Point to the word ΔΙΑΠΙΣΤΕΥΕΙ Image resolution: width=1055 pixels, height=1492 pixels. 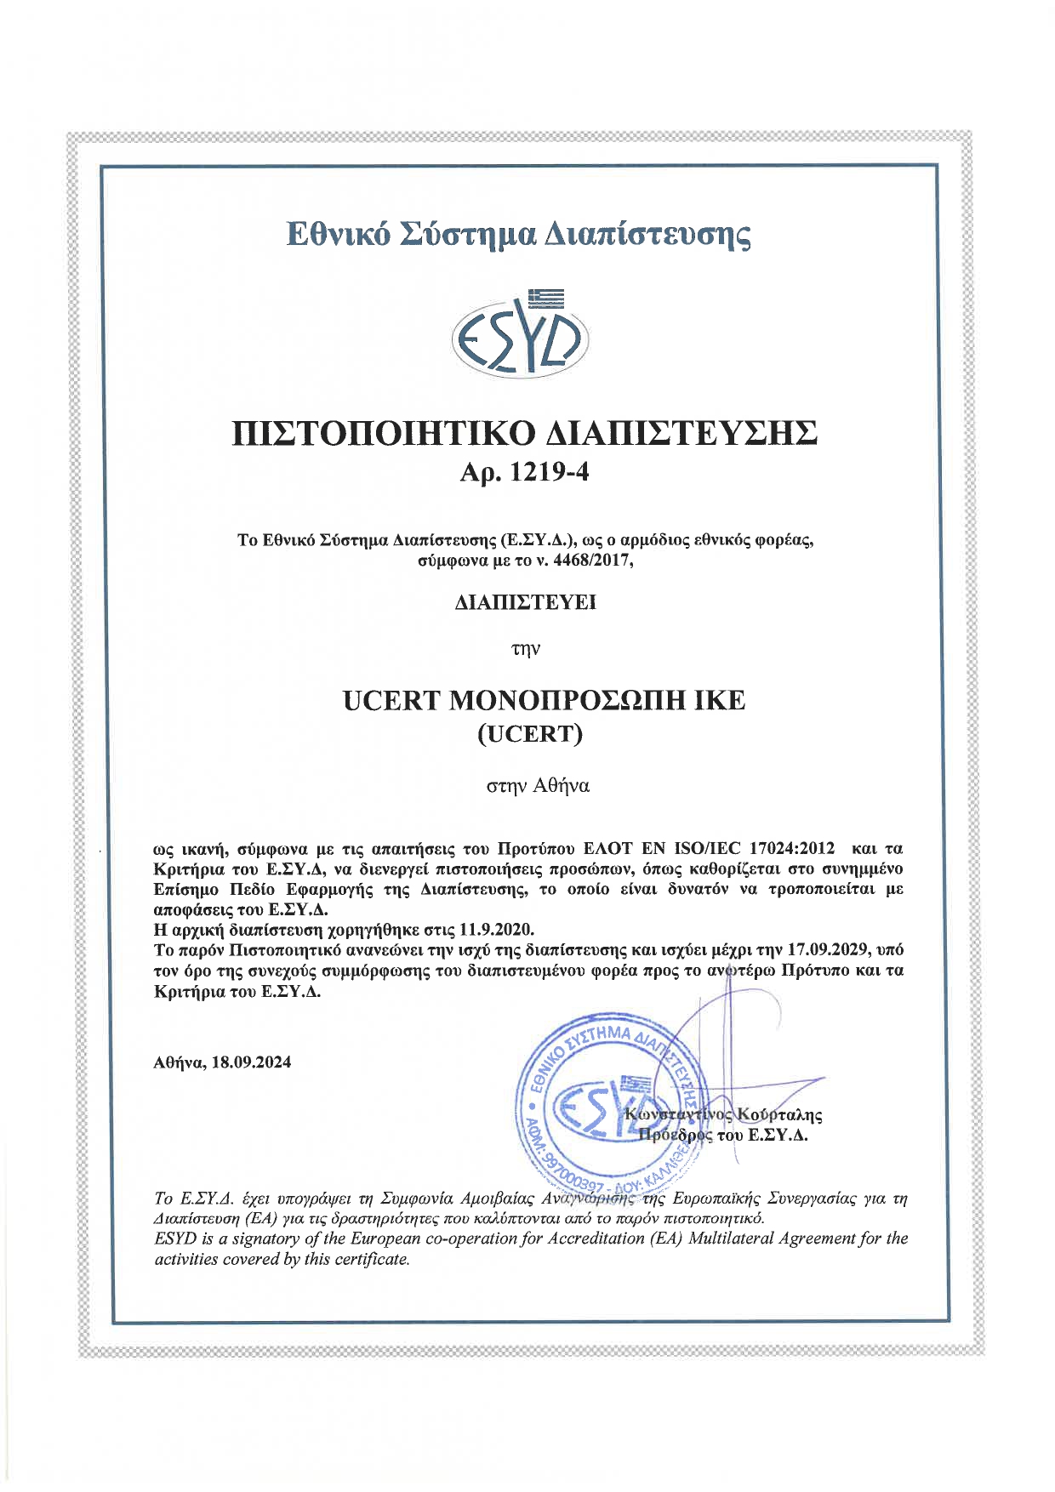pyautogui.click(x=526, y=603)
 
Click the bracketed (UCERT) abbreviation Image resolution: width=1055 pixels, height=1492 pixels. pyautogui.click(x=527, y=733)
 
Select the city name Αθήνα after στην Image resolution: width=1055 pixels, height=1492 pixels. pyautogui.click(x=562, y=785)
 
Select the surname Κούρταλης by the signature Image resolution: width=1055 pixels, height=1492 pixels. pyautogui.click(x=780, y=1113)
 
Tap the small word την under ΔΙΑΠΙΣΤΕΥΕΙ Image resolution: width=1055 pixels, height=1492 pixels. pyautogui.click(x=526, y=650)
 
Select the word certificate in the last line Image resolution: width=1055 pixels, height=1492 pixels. pyautogui.click(x=371, y=1259)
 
